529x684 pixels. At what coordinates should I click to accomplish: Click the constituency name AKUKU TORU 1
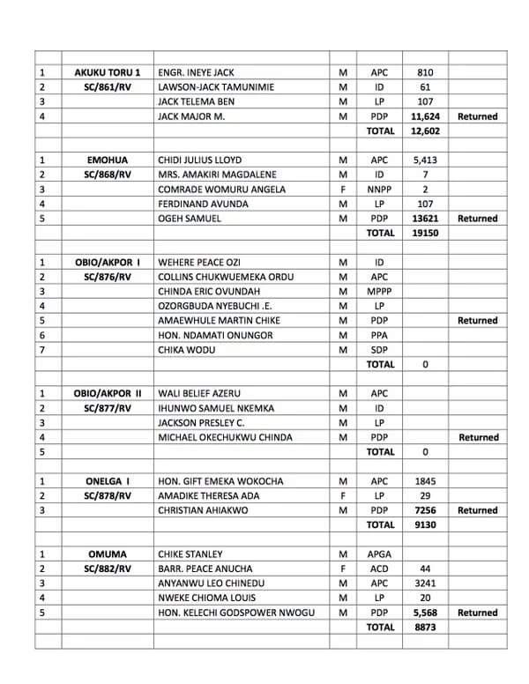point(108,72)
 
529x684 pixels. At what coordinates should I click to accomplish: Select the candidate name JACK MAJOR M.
point(191,116)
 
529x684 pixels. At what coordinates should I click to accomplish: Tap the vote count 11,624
point(425,116)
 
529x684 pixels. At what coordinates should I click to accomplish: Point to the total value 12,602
point(425,130)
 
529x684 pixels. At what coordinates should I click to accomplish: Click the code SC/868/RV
point(108,175)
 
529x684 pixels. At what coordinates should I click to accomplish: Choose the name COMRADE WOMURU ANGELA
point(221,190)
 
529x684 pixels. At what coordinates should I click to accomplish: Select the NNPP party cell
point(380,190)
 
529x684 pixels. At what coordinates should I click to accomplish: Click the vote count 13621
point(425,219)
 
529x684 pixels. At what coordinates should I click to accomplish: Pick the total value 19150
point(425,233)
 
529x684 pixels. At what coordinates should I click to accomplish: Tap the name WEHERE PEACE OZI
point(199,263)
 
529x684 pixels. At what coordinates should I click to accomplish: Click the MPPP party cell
point(380,292)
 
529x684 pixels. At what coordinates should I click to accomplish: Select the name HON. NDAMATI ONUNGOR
point(215,335)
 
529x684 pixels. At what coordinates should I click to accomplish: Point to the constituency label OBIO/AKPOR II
point(108,393)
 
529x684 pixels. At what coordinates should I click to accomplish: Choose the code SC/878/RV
point(108,495)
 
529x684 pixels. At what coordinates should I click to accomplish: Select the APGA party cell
point(380,554)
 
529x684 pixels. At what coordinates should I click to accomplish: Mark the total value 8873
point(425,627)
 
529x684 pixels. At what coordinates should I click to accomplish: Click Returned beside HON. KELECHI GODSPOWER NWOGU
point(477,613)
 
